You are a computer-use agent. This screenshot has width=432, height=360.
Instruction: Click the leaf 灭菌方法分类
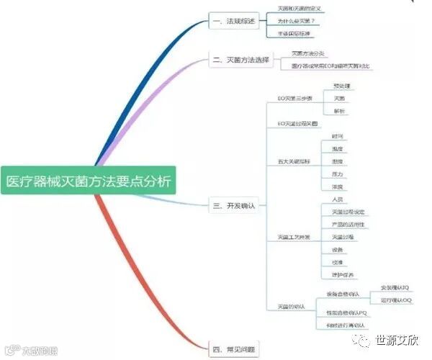click(307, 53)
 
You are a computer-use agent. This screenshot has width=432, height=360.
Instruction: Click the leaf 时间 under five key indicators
click(337, 135)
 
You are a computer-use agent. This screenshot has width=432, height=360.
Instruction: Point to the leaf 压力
click(337, 174)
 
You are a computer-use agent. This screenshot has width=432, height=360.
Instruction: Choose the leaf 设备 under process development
click(337, 249)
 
